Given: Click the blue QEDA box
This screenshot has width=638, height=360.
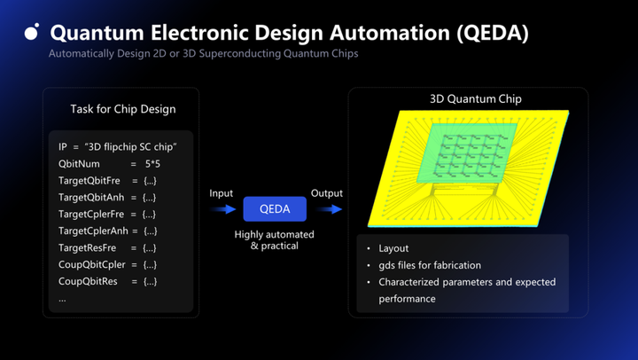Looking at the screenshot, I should [x=275, y=209].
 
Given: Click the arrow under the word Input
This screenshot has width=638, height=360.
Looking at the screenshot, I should [x=224, y=209].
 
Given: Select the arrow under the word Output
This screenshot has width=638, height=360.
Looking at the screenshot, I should [x=330, y=209].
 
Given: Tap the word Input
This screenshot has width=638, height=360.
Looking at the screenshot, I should [x=222, y=193].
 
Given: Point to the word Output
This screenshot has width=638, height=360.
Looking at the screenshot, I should [x=327, y=193].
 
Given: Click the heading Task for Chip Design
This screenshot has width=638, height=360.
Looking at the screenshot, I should [x=123, y=109].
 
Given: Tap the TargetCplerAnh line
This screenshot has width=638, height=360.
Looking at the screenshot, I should [x=107, y=231].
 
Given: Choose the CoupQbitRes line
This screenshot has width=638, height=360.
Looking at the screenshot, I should [x=107, y=282].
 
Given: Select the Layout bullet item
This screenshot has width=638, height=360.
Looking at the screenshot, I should [x=397, y=249].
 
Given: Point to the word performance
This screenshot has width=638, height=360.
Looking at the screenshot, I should [x=407, y=299].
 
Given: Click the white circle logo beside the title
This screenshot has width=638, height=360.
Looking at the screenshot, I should [x=32, y=33].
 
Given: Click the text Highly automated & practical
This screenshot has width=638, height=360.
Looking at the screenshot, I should [x=275, y=239].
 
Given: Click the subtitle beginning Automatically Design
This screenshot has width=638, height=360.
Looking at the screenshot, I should [x=204, y=54].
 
